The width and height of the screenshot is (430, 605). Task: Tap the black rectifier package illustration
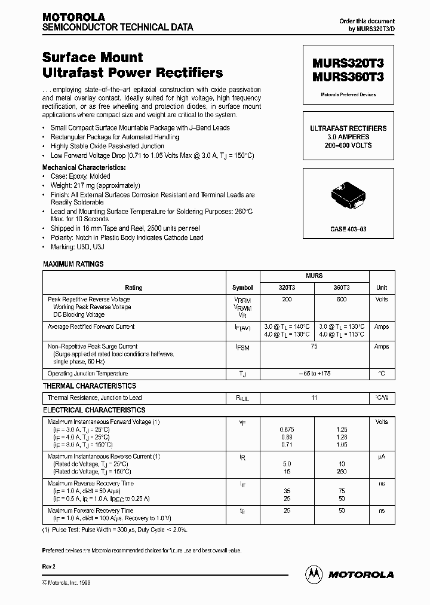coord(347,198)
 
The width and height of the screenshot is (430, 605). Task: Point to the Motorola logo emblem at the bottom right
coord(314,574)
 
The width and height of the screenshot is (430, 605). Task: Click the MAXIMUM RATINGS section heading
coord(73,264)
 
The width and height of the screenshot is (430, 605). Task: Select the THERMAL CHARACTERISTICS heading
coord(90,386)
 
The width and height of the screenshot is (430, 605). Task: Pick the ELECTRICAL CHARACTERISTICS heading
coord(94,410)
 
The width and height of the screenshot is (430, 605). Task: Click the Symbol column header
coord(242,288)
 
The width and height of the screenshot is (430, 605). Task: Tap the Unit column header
coord(381,288)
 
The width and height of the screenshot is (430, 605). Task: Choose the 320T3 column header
coord(287,288)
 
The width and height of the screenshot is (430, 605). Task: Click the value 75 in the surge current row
coord(314,346)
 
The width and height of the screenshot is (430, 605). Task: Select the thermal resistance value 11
coord(314,398)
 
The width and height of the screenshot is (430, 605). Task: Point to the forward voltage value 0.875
coord(287,430)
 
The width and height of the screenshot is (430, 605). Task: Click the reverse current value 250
coord(341,472)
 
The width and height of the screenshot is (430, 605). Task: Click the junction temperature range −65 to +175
coord(314,374)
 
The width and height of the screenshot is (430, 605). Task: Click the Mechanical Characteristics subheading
coord(84,168)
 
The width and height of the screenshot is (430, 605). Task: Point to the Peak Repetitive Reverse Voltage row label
coord(88,299)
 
